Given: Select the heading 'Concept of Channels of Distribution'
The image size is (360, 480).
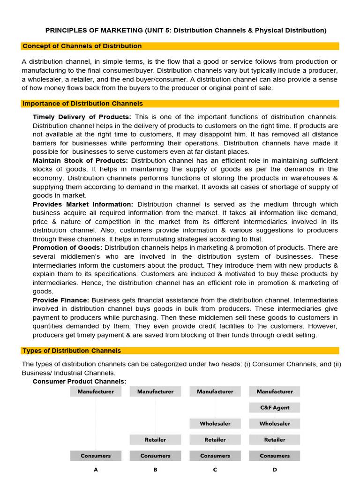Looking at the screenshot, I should [82, 46].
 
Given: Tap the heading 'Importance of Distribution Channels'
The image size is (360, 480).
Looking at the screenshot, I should [83, 104].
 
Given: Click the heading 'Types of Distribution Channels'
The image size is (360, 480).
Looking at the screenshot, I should [72, 351].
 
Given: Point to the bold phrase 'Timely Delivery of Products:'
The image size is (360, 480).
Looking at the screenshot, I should [82, 117].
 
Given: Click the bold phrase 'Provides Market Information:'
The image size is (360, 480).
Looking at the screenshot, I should [83, 204].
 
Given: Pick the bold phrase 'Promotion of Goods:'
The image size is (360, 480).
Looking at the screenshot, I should [67, 247].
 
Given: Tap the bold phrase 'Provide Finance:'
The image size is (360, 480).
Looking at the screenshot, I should [61, 300].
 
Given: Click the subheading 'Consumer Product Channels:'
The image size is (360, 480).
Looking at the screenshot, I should [79, 382].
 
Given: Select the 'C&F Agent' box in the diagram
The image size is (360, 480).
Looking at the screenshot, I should [275, 408].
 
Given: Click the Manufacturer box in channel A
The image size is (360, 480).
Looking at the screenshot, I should [96, 391].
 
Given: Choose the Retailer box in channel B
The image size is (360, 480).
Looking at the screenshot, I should [155, 440].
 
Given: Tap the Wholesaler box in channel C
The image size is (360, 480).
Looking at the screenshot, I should [215, 424].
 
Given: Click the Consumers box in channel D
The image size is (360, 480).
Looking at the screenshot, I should [275, 456].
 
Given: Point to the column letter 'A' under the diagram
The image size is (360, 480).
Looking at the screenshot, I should [96, 470].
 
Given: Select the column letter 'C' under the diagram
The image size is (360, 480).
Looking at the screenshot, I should [215, 470].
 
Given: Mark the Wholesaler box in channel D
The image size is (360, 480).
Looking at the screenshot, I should [275, 424].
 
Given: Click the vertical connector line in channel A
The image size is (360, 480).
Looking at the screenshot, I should [96, 423].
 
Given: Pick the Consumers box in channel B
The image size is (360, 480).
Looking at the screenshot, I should [155, 456].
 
